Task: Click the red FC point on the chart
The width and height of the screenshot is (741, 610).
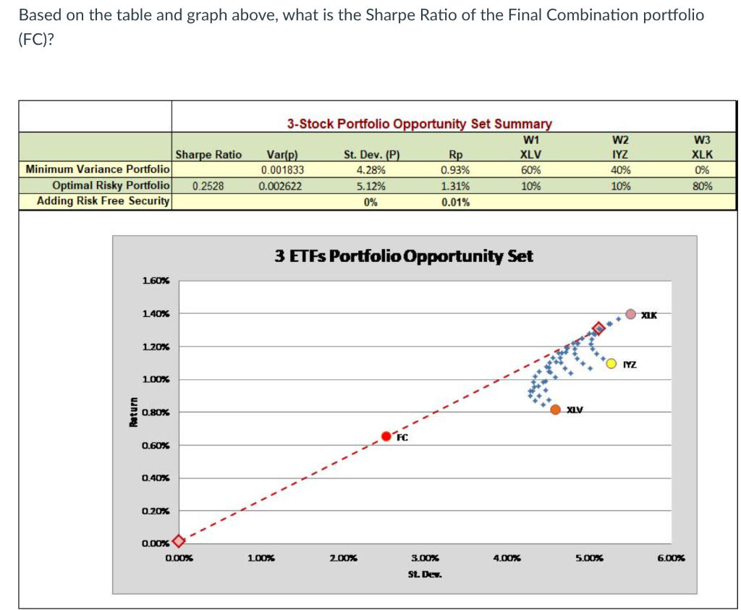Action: [x=387, y=436]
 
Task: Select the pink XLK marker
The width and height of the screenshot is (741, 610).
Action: [x=631, y=314]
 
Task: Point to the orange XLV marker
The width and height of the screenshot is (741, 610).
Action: [x=556, y=410]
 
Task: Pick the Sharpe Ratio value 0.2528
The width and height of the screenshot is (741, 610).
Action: [x=208, y=185]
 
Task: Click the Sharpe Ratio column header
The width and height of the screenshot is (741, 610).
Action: [x=208, y=154]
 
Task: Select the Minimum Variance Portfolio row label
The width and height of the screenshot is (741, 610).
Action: [x=98, y=169]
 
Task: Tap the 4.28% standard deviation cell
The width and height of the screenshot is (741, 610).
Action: [x=370, y=170]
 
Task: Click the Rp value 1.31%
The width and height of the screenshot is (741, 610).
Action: [x=455, y=185]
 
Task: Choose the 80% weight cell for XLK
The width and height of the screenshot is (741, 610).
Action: [x=701, y=185]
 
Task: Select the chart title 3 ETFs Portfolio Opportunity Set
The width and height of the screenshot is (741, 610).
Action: [x=404, y=256]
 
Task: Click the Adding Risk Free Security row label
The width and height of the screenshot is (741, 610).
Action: [x=103, y=200]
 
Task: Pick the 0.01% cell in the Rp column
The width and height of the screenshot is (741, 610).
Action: [x=455, y=202]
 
